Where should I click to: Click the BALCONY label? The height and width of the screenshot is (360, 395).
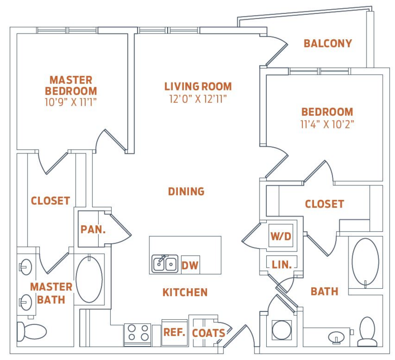[x=328, y=43]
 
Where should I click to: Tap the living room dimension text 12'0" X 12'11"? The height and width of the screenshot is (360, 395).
[x=198, y=99]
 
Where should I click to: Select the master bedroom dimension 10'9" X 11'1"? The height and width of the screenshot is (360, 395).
[x=71, y=102]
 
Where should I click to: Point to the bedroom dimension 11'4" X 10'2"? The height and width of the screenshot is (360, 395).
[x=327, y=124]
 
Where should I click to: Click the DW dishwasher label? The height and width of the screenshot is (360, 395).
[x=190, y=265]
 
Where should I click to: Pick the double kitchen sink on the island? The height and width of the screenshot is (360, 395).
[x=165, y=263]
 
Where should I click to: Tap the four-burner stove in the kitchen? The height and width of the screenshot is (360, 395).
[x=138, y=333]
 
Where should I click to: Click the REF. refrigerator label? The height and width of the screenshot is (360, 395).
[x=174, y=332]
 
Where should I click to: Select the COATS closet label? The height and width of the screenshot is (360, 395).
[x=208, y=333]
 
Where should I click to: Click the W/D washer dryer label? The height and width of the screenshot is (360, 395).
[x=281, y=236]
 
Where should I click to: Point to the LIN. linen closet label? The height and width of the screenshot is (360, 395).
[x=282, y=264]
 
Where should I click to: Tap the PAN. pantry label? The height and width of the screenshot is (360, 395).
[x=93, y=229]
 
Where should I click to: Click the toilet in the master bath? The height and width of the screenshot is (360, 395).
[x=32, y=331]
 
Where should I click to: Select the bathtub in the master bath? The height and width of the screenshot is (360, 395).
[x=89, y=279]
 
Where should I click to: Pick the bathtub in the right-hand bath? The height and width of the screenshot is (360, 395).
[x=366, y=262]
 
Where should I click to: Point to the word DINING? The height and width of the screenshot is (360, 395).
[x=186, y=192]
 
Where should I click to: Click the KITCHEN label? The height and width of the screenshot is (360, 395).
[x=185, y=292]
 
